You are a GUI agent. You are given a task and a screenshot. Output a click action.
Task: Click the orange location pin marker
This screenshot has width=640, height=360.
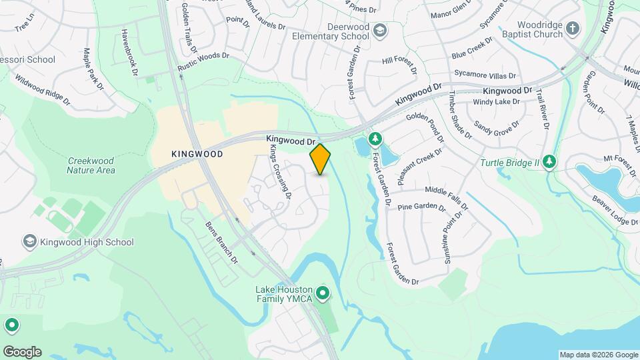(x=320, y=159)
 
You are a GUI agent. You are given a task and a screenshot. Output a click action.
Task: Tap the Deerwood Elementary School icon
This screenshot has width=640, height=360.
(x=379, y=30)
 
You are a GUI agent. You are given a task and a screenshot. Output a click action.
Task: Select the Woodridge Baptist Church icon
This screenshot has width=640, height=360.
(x=573, y=29)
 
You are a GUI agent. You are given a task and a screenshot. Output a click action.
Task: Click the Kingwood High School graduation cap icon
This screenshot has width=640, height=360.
(x=29, y=242)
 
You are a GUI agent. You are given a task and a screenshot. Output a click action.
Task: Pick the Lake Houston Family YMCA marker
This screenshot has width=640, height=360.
(x=323, y=293)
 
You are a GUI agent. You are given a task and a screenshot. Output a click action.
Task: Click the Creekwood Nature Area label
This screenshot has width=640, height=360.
(x=91, y=165)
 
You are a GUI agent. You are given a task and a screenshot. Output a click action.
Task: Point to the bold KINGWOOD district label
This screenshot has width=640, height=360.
(x=197, y=153)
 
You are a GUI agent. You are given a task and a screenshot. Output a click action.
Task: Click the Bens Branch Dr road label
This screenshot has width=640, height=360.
(x=222, y=242)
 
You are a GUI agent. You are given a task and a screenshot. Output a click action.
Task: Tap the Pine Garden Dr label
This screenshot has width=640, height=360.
(x=421, y=207)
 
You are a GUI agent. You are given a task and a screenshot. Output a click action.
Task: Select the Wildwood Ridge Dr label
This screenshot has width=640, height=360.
(x=43, y=91)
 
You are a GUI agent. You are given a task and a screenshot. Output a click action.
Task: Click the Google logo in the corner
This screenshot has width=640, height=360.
(x=21, y=352)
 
